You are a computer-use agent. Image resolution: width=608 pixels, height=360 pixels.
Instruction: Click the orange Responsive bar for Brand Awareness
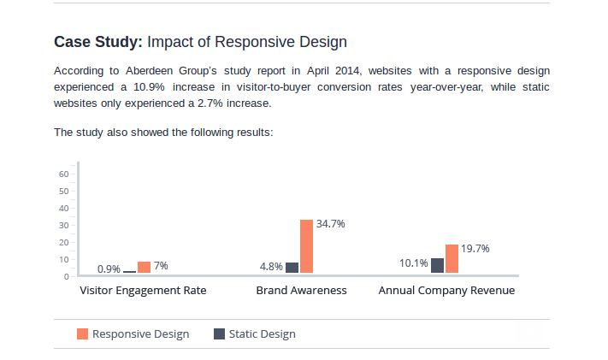(306, 246)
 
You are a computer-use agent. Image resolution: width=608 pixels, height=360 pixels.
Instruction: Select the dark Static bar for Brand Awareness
(292, 268)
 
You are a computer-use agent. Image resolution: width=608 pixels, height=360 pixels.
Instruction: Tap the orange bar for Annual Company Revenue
(452, 258)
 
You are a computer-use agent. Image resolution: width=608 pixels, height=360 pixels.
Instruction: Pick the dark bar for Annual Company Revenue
(437, 266)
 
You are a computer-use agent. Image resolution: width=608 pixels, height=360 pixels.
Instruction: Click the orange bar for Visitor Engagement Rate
(144, 268)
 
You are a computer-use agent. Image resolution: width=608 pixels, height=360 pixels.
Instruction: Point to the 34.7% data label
(331, 224)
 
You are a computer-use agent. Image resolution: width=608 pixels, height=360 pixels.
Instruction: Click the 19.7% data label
(475, 249)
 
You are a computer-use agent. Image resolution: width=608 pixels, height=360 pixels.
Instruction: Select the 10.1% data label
(414, 263)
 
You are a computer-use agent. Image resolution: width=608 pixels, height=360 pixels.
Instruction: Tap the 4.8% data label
(271, 267)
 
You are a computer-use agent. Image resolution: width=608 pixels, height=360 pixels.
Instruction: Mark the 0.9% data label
(109, 269)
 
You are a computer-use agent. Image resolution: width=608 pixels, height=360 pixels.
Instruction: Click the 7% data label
(161, 266)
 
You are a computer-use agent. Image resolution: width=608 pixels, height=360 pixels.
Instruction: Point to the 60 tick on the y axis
(63, 174)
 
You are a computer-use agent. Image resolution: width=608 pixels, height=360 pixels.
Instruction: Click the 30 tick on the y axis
(63, 225)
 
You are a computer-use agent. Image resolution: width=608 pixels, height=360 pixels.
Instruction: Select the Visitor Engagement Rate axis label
(143, 291)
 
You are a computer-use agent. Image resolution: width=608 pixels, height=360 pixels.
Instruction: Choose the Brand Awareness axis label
(301, 291)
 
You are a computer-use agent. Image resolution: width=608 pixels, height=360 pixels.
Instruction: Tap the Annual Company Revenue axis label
(446, 291)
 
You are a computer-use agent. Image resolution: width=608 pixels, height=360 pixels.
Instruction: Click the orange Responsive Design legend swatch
(83, 333)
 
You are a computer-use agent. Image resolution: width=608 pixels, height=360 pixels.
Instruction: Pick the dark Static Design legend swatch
(219, 333)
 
